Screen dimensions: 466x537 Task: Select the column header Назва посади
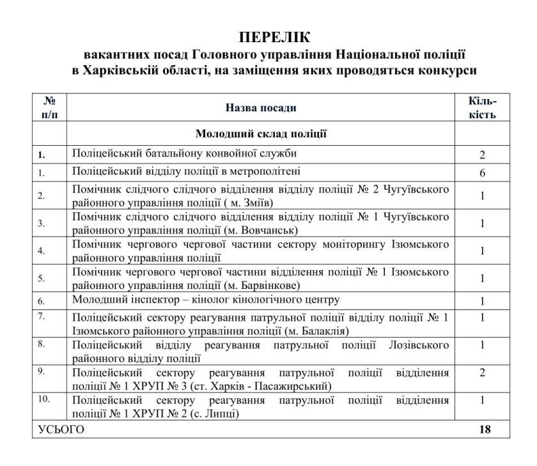261,108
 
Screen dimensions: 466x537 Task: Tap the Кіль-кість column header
483,108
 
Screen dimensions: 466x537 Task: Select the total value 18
483,430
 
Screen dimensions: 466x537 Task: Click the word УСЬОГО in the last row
58,430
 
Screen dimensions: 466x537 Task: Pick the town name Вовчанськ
268,230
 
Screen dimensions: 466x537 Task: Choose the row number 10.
42,399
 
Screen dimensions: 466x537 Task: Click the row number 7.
40,316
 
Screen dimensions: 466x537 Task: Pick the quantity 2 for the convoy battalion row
483,155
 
